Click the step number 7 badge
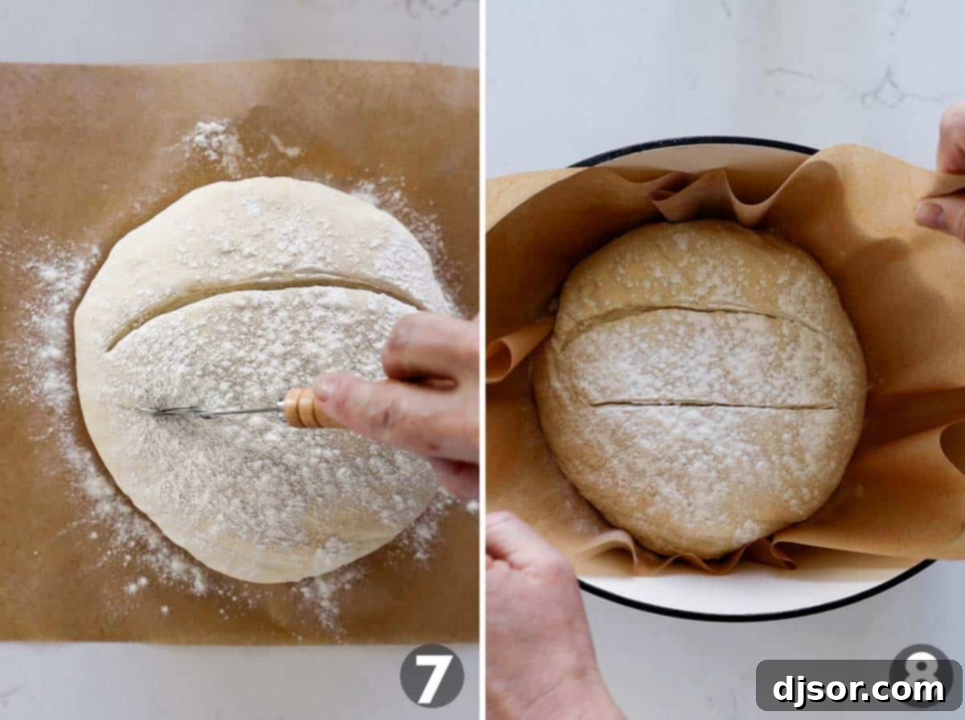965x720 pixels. pos(432,675)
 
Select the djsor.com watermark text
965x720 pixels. pos(858,689)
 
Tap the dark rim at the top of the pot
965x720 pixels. pos(692,143)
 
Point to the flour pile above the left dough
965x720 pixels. pos(213,145)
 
